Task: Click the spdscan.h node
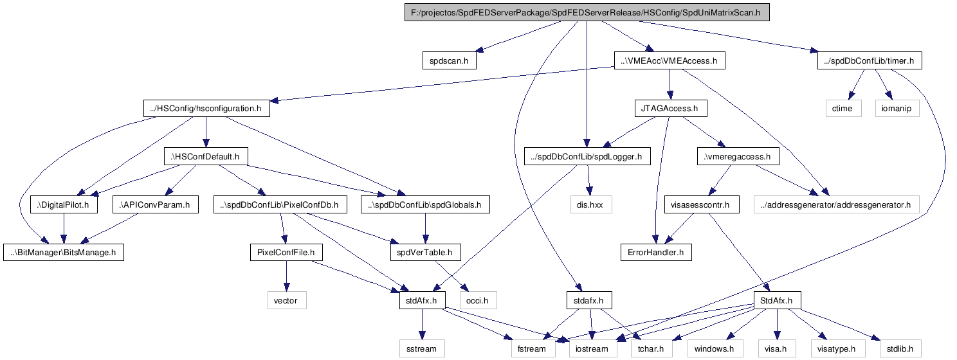[449, 60]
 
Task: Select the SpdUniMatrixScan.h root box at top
[587, 13]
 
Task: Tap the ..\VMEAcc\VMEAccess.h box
[670, 60]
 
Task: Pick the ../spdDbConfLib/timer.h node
[870, 60]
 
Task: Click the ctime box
[843, 109]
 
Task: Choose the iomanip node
[897, 109]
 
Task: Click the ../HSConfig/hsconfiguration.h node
[206, 109]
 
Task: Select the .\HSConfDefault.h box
[206, 157]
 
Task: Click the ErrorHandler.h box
[656, 253]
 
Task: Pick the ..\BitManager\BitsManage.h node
[64, 253]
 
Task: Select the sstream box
[422, 348]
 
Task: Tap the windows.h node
[715, 348]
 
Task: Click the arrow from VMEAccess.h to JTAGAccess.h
[670, 85]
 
